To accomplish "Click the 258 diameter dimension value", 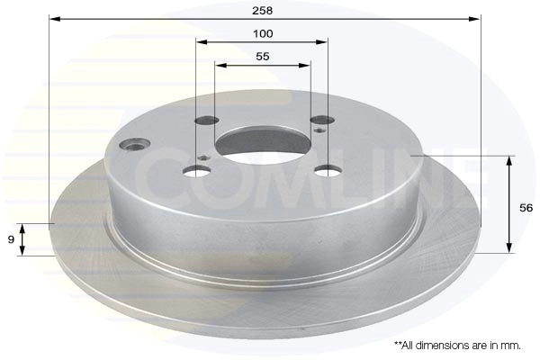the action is pyautogui.click(x=263, y=11).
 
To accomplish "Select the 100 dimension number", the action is pyautogui.click(x=263, y=34).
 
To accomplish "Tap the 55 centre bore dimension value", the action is pyautogui.click(x=263, y=57).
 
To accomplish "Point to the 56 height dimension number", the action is pyautogui.click(x=526, y=208).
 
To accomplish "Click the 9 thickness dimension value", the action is pyautogui.click(x=11, y=239).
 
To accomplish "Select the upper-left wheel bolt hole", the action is pyautogui.click(x=207, y=121).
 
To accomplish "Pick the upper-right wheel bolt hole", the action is pyautogui.click(x=322, y=120).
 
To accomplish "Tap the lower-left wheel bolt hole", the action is pyautogui.click(x=197, y=170).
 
